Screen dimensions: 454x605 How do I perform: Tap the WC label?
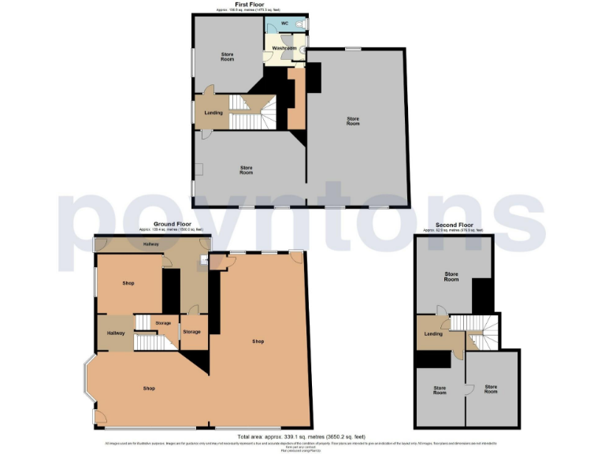[x=284, y=24]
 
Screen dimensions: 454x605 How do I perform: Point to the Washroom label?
[x=284, y=49]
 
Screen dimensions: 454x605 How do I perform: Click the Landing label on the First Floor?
[x=213, y=113]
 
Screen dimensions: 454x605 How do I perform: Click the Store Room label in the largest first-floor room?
[x=353, y=121]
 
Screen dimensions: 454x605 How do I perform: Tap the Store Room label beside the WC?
[x=227, y=56]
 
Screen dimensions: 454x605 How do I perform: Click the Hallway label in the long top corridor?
[x=150, y=244]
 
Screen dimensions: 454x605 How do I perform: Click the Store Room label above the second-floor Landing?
[x=451, y=277]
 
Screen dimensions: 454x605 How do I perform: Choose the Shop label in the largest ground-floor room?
[x=258, y=341]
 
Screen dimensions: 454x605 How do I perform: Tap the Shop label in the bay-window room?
[x=149, y=389]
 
